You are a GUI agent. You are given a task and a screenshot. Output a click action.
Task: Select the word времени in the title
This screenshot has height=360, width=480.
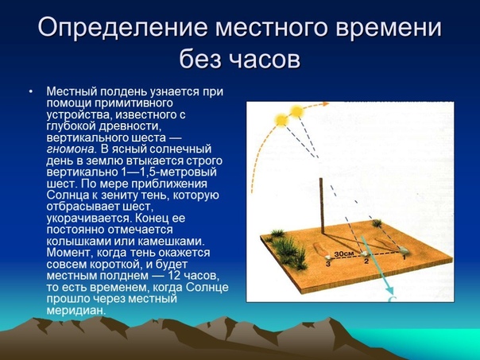(x=389, y=28)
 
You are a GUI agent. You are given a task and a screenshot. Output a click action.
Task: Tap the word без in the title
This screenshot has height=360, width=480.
(x=200, y=60)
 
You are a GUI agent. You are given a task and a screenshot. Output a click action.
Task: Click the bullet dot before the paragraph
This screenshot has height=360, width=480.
(x=31, y=91)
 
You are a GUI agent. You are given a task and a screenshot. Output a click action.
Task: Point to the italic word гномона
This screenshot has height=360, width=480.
(x=70, y=149)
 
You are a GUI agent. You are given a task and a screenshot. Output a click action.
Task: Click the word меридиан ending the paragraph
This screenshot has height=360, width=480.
(x=76, y=310)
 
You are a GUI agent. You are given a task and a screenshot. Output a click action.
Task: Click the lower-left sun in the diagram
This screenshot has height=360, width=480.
(x=281, y=120)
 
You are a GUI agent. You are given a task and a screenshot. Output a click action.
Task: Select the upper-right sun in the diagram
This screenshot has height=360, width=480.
(x=296, y=111)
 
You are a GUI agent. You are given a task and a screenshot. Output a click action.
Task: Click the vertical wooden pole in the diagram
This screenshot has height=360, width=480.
(x=322, y=206)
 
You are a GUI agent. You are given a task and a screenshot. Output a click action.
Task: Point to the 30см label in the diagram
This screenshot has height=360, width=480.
(x=344, y=254)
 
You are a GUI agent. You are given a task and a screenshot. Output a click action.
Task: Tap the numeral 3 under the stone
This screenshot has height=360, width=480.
(x=328, y=264)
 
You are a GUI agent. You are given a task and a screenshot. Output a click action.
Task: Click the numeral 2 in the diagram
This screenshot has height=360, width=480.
(x=366, y=261)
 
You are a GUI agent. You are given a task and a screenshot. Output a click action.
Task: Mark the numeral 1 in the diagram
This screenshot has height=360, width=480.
(x=404, y=257)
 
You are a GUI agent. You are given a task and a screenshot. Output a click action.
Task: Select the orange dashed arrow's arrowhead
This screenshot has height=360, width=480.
(x=324, y=104)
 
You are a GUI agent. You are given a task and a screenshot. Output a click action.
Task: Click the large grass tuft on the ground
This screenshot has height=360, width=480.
(x=290, y=252)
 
